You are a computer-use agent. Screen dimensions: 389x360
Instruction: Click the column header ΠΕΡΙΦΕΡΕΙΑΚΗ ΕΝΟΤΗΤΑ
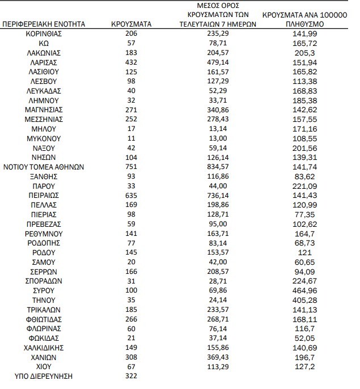(x=44, y=25)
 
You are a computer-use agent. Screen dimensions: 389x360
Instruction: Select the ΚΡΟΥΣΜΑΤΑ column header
(x=132, y=25)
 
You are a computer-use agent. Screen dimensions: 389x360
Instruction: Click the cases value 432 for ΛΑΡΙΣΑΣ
(x=132, y=62)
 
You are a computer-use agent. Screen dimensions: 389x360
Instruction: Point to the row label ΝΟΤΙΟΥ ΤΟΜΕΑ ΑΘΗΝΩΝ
(x=44, y=167)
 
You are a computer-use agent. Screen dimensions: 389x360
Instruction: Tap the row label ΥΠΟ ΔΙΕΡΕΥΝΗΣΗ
(x=44, y=376)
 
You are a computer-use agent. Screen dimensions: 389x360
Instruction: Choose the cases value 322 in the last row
(x=132, y=376)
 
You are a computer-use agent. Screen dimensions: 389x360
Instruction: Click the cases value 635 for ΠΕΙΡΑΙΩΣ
(x=132, y=195)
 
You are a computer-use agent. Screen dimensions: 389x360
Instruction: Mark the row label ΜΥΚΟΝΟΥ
(x=44, y=138)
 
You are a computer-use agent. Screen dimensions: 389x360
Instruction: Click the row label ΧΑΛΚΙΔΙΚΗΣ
(x=44, y=348)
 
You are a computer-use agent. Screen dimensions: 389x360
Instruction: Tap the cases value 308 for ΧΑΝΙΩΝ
(x=132, y=357)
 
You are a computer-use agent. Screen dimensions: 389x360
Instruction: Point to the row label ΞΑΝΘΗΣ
(x=44, y=176)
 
